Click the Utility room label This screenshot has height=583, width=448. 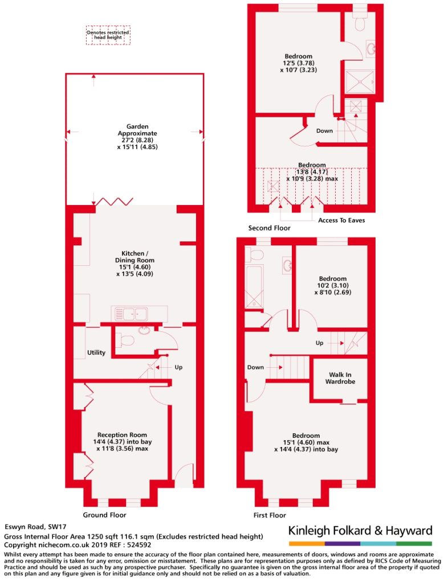[x=96, y=352]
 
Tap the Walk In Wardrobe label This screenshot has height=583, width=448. [x=340, y=378]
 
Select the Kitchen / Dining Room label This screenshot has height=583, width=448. [x=135, y=257]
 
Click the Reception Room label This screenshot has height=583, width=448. [x=122, y=434]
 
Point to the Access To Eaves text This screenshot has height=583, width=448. [x=341, y=220]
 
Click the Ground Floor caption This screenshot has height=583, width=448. [x=104, y=515]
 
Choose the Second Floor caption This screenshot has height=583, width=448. [x=270, y=228]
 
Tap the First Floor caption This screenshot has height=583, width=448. [x=270, y=515]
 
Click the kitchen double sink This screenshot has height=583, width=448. [x=131, y=314]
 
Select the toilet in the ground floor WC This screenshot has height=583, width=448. [x=125, y=340]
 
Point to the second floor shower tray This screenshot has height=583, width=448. [x=360, y=82]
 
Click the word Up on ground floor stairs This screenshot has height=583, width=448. [x=178, y=367]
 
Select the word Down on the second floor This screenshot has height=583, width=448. [x=324, y=131]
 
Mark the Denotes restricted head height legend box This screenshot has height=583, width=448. [x=108, y=35]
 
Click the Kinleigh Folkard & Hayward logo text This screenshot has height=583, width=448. [x=361, y=530]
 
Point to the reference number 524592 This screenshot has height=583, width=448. [x=139, y=545]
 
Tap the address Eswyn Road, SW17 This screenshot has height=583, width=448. [x=35, y=527]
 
